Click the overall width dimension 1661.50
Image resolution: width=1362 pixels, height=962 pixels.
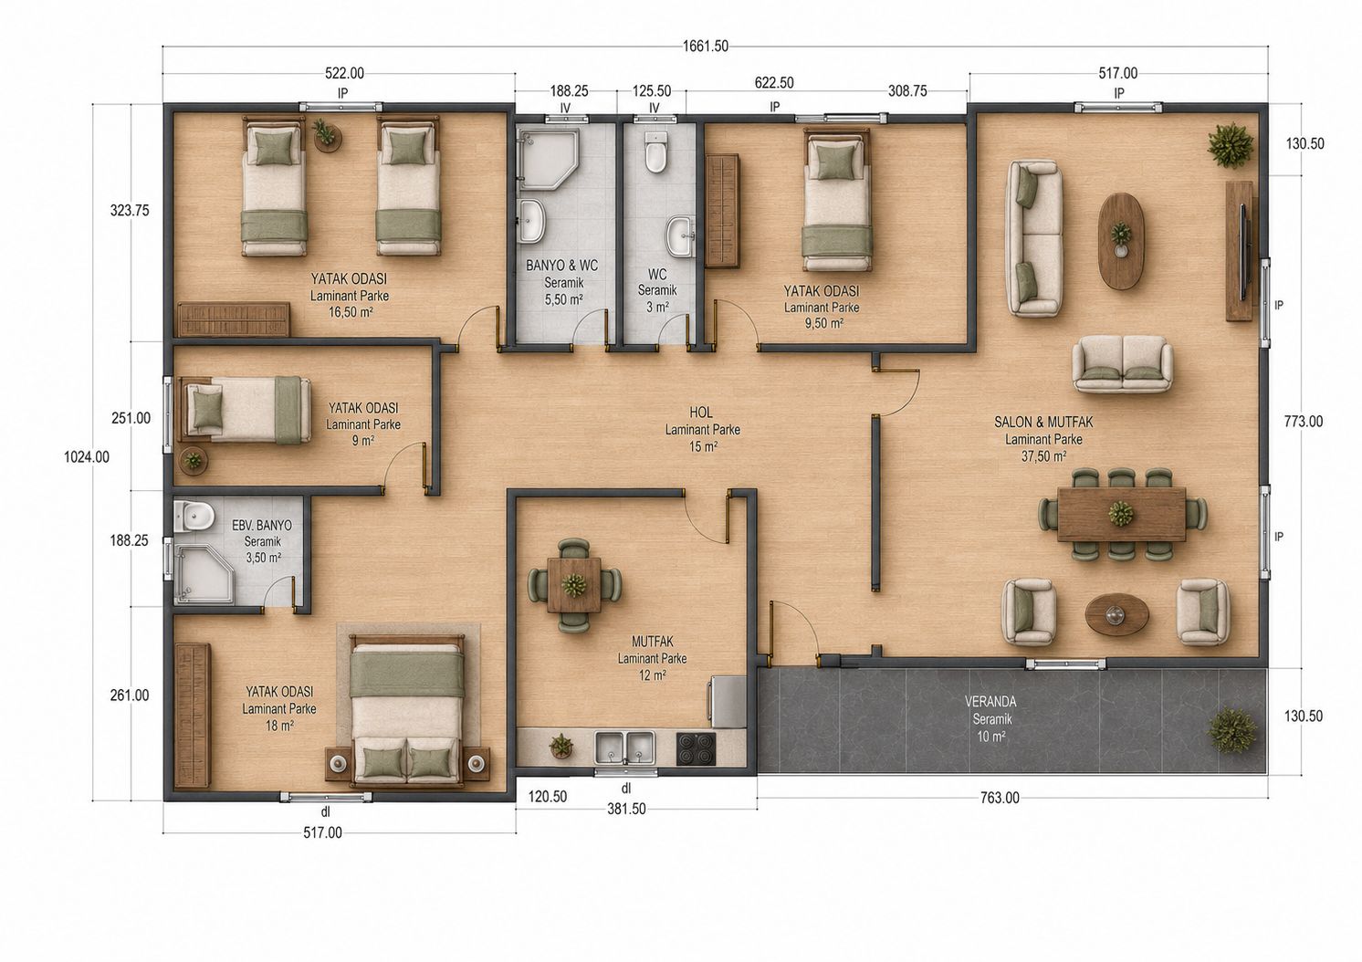pos(706,47)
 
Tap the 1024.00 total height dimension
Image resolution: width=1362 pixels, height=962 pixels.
pos(87,456)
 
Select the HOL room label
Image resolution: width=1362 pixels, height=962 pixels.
pos(701,413)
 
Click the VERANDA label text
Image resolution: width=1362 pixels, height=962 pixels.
pos(990,701)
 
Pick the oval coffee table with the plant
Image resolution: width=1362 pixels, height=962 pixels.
pos(1121,241)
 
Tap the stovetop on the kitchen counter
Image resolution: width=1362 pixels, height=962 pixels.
pos(697,748)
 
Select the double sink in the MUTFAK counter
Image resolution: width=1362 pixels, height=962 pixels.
pos(624,748)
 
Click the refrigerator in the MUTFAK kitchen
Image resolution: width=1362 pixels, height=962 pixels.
pos(727,702)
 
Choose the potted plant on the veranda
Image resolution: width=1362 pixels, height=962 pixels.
pos(1231,730)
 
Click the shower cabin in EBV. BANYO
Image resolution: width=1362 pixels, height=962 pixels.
pos(204,573)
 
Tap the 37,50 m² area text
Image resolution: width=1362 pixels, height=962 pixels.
pos(1043,456)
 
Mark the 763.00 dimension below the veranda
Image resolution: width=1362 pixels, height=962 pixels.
pos(1000,798)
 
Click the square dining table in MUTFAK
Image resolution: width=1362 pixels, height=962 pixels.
pos(574,585)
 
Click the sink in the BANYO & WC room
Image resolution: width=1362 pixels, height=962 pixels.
pos(532,222)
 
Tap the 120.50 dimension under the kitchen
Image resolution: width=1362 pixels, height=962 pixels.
pos(547,797)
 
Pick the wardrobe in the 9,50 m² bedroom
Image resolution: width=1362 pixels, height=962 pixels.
pos(722,211)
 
